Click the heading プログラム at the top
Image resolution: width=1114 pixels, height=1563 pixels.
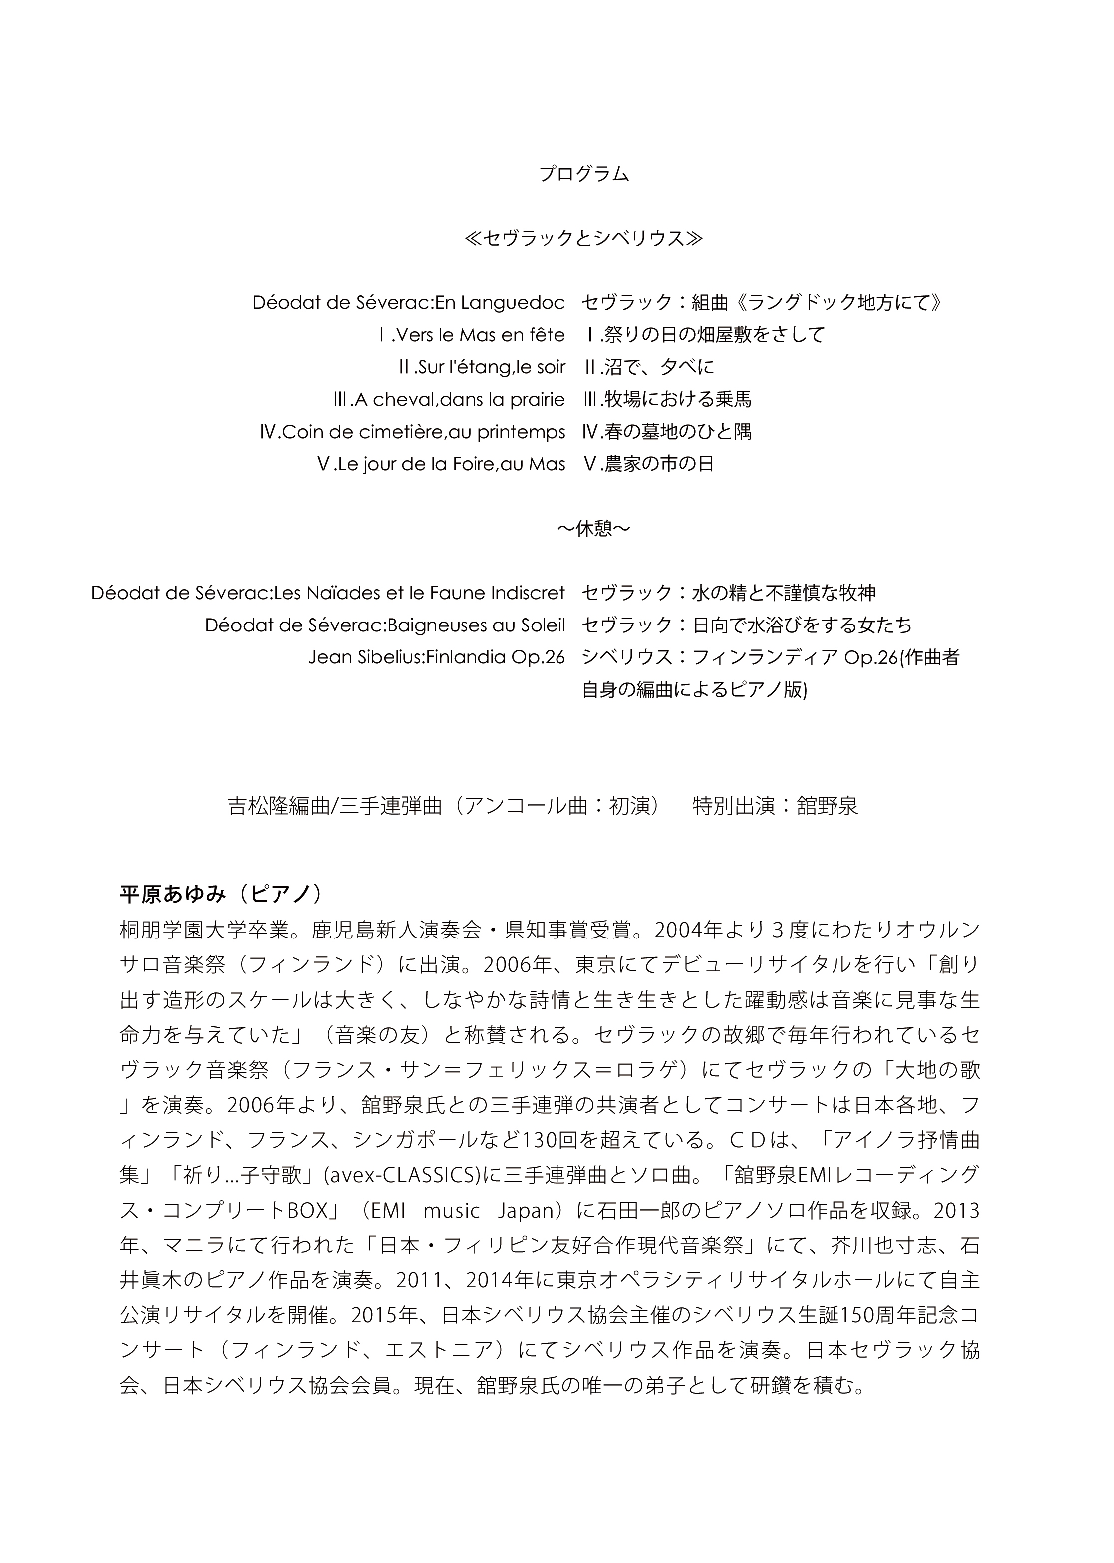584,174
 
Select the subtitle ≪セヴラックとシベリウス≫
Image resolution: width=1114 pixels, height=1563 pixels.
584,238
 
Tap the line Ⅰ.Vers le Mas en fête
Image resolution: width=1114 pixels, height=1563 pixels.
471,335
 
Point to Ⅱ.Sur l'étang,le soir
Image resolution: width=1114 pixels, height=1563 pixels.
482,367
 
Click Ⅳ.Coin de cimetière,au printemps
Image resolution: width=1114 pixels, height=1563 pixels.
412,432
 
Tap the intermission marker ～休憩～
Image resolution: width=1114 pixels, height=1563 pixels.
593,528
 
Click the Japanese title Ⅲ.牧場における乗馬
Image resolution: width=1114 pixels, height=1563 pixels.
667,399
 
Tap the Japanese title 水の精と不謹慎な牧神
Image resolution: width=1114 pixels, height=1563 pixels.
784,593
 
